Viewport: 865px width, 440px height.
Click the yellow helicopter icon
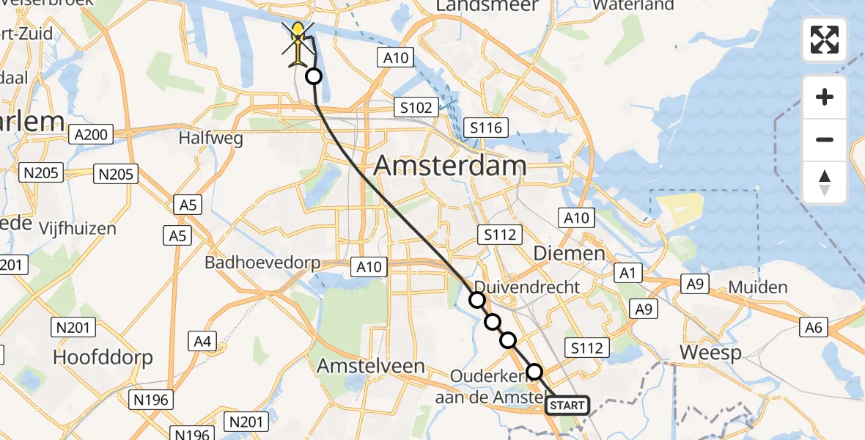click(299, 44)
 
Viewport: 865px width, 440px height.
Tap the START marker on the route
click(567, 405)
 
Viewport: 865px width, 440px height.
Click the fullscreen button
click(825, 40)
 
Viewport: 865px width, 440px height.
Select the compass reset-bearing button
click(825, 183)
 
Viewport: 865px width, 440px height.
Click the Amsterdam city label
click(450, 166)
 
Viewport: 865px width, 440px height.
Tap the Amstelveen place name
click(370, 366)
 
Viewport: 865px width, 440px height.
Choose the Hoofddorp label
click(103, 357)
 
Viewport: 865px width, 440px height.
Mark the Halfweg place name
click(211, 139)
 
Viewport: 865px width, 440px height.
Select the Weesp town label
click(710, 353)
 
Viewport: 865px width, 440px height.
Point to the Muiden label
click(758, 287)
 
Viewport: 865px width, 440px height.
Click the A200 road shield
click(91, 134)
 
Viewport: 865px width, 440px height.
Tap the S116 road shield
click(486, 128)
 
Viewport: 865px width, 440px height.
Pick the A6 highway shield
click(814, 328)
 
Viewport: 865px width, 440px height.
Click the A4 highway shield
click(202, 340)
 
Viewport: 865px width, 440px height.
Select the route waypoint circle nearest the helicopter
click(314, 76)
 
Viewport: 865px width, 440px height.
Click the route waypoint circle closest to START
click(534, 372)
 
